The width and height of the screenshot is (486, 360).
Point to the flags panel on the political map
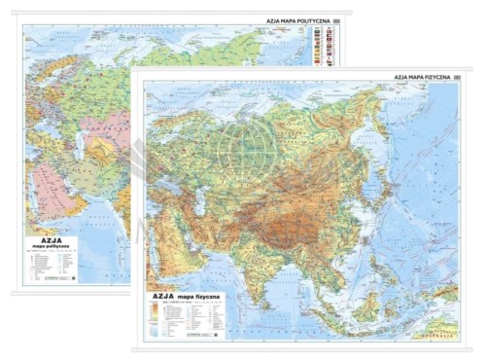[324, 44]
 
